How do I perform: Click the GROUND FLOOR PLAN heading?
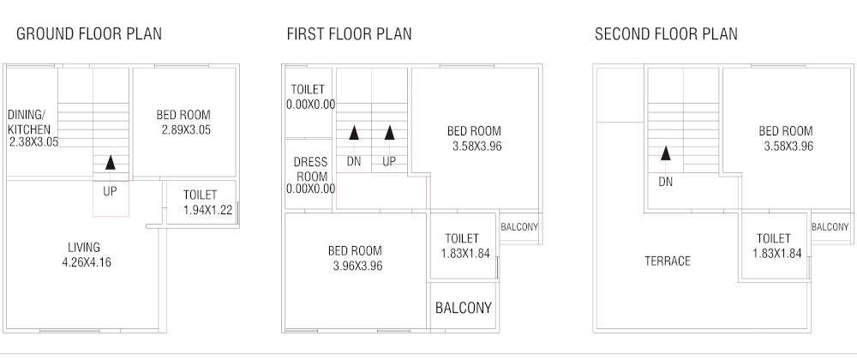[89, 34]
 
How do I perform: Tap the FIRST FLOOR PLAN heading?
[349, 34]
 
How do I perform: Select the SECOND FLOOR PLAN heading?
[666, 34]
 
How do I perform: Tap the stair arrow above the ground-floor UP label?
[110, 162]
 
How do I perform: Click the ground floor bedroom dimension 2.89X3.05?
[185, 129]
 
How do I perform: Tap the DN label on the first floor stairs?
[354, 161]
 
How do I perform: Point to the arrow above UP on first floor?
[390, 133]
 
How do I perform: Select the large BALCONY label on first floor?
[464, 308]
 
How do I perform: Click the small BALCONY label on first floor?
[519, 227]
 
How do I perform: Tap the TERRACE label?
[667, 261]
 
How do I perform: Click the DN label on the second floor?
[665, 182]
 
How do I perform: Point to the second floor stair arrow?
[665, 154]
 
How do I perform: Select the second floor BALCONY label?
[830, 227]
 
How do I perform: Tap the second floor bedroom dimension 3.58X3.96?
[788, 146]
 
